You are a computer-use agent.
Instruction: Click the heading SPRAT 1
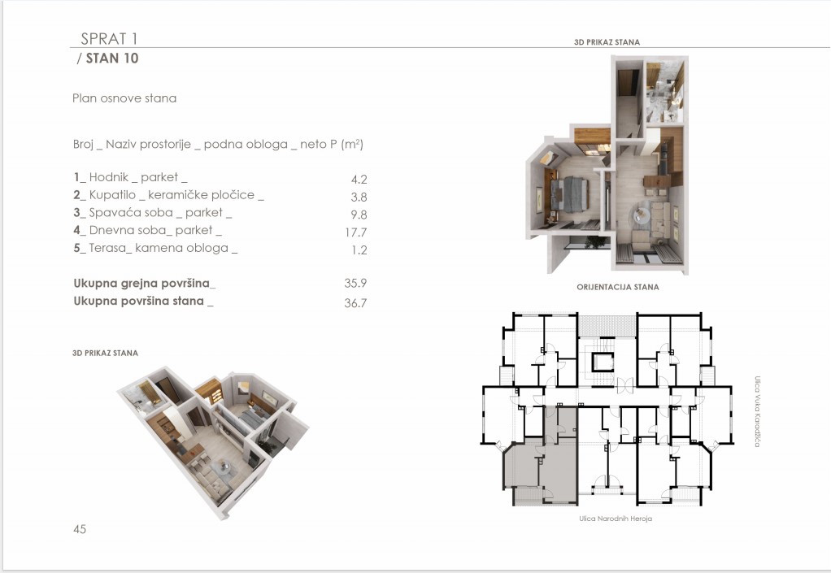109,39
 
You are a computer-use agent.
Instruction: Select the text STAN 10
112,59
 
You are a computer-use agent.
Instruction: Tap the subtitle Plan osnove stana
124,98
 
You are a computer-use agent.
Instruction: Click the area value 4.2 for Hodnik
359,180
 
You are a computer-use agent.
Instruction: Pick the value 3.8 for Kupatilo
359,197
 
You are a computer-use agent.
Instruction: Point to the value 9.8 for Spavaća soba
359,215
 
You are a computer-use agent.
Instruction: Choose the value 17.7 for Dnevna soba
356,232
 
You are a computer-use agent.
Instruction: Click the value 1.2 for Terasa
359,250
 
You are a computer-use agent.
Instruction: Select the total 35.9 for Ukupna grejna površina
355,283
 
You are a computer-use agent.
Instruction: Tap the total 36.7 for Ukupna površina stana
355,303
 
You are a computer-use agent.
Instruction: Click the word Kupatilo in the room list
112,195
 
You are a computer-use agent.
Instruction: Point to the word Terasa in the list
107,248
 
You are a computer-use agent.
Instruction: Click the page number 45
80,528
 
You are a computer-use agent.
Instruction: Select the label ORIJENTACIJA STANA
618,287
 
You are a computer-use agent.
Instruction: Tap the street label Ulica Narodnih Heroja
616,519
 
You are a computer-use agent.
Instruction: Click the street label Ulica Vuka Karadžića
757,411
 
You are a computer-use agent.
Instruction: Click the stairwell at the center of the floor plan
603,362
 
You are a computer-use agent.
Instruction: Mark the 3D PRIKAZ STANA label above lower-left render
105,353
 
